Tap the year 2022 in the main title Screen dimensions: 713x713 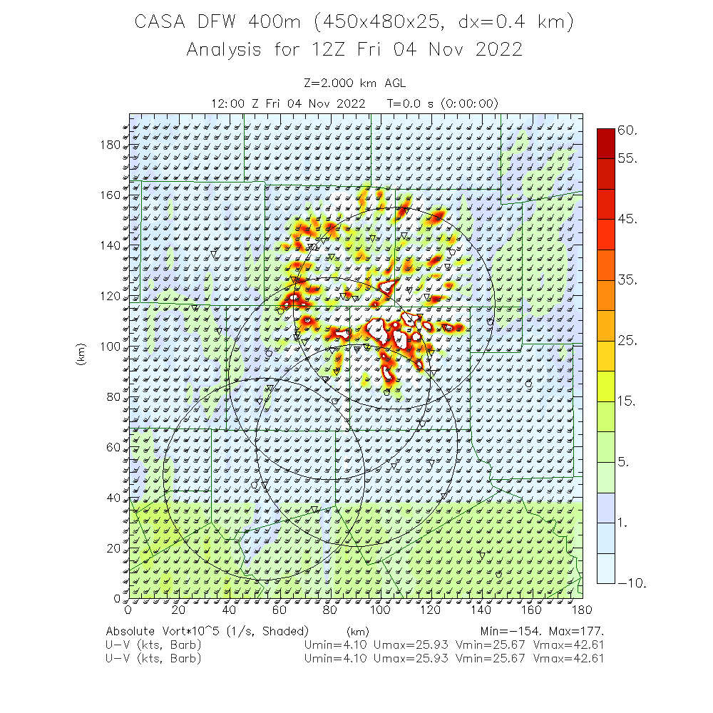(498, 49)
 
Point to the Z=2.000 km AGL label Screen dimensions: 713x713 (354, 83)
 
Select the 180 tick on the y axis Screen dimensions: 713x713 (111, 145)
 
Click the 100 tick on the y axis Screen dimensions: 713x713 (111, 347)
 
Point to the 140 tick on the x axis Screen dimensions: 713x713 (481, 610)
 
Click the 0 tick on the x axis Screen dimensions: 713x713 (128, 610)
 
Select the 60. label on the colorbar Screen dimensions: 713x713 (627, 130)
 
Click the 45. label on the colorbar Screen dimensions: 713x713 (627, 218)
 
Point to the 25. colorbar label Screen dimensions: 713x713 (627, 341)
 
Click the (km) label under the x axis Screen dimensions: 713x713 (357, 631)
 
